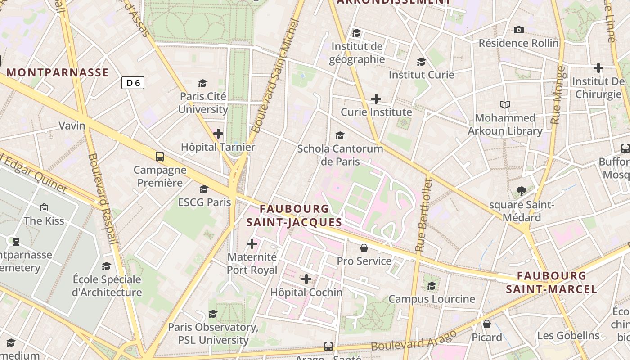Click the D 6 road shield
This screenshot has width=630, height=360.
pos(133,83)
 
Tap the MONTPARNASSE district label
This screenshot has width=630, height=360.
pos(58,72)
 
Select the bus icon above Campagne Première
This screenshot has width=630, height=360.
pos(160,157)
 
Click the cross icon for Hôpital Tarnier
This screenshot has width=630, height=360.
pos(218,134)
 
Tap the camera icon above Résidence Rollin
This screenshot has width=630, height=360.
pos(519,30)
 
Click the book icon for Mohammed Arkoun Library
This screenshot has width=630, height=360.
pos(505,105)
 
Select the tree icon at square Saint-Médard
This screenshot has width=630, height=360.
pos(522,191)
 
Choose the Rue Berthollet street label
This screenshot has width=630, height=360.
pos(424,215)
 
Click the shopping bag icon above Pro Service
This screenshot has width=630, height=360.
pos(364,248)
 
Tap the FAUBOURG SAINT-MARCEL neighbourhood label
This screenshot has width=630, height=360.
pos(552,282)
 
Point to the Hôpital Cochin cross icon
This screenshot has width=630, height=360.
pos(306,279)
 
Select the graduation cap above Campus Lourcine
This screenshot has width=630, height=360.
pos(432,286)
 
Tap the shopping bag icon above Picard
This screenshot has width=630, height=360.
pos(487,324)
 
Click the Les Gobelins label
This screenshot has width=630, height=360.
pos(568,335)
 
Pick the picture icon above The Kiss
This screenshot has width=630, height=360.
pos(44,207)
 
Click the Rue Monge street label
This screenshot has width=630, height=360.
pos(558,95)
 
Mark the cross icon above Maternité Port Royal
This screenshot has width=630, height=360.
pos(252,244)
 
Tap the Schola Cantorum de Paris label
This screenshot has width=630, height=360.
pos(340,154)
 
